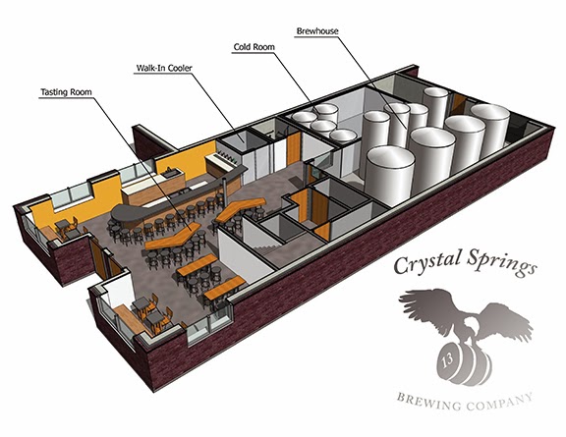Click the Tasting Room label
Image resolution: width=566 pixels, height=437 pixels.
(x=66, y=92)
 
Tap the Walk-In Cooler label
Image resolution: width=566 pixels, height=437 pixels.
(x=164, y=68)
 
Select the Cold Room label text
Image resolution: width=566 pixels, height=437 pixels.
(x=255, y=47)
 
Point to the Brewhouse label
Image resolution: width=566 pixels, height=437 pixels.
(x=317, y=31)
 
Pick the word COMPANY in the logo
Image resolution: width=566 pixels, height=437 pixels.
(x=499, y=403)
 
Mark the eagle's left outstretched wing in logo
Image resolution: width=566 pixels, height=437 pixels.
(x=425, y=303)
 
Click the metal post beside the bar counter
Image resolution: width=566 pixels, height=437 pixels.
(x=224, y=188)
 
